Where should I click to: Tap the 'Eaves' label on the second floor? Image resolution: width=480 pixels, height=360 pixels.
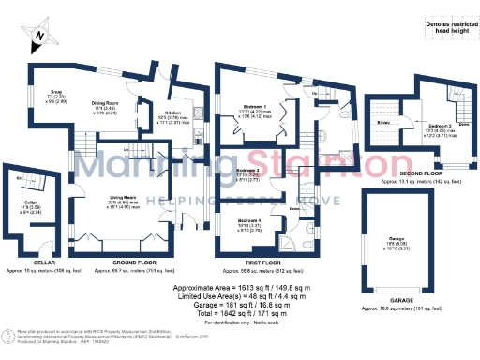(x=382, y=122)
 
